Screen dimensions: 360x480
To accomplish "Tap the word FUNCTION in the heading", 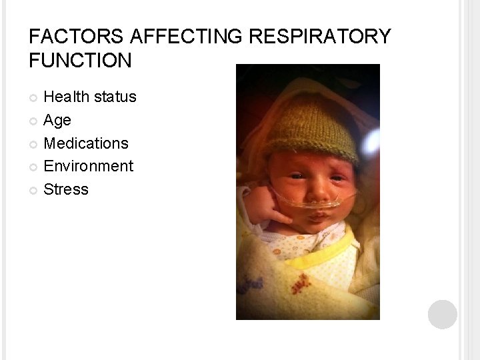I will pos(81,61).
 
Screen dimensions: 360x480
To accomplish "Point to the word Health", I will pos(66,97).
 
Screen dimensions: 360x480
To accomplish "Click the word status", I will pos(115,97).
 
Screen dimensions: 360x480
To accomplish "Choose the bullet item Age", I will pos(57,120).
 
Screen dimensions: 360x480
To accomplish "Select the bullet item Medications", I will pos(86,143).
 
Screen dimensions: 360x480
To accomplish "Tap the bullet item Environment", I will pos(88,165).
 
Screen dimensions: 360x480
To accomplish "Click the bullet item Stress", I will pos(65,189).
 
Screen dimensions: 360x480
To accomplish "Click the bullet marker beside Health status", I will pos(34,98).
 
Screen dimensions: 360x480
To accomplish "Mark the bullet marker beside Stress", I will pos(34,190).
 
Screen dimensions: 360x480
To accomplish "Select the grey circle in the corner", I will pos(443,315).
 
